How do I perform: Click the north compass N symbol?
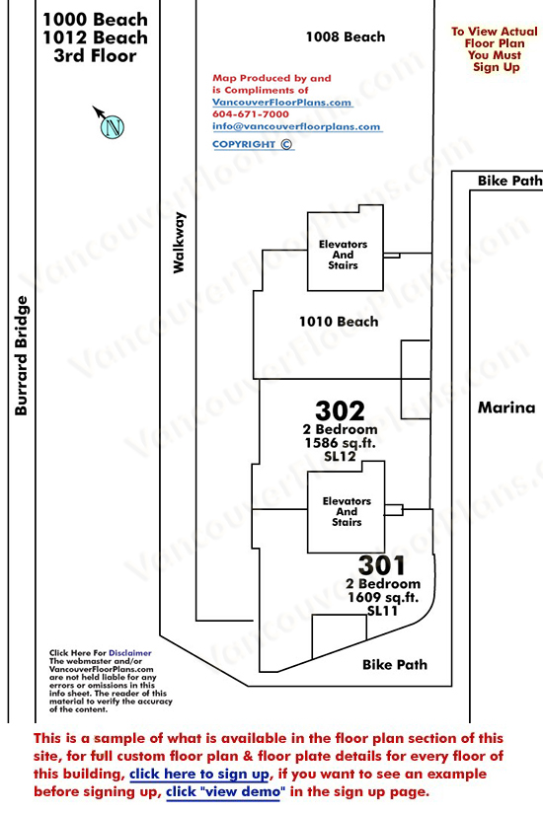(112, 126)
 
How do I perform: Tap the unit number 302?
(340, 410)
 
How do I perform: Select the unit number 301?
(381, 565)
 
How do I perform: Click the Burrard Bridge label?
(21, 355)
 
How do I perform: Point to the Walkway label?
(179, 243)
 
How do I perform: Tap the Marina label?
(506, 407)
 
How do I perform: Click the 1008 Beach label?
(346, 37)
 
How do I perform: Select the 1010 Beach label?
(339, 322)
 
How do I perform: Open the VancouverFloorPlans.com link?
(282, 103)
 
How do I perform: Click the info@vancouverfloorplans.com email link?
(297, 126)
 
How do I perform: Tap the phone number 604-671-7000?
(251, 114)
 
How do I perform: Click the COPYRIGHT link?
(253, 144)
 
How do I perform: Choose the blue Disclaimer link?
(130, 653)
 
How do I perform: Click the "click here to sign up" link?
(200, 774)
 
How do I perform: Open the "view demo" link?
(225, 792)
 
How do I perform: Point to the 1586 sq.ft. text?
(340, 443)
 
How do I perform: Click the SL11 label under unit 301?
(382, 611)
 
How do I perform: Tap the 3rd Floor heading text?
(95, 55)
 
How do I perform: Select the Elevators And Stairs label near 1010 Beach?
(343, 255)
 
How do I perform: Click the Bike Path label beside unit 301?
(395, 664)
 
